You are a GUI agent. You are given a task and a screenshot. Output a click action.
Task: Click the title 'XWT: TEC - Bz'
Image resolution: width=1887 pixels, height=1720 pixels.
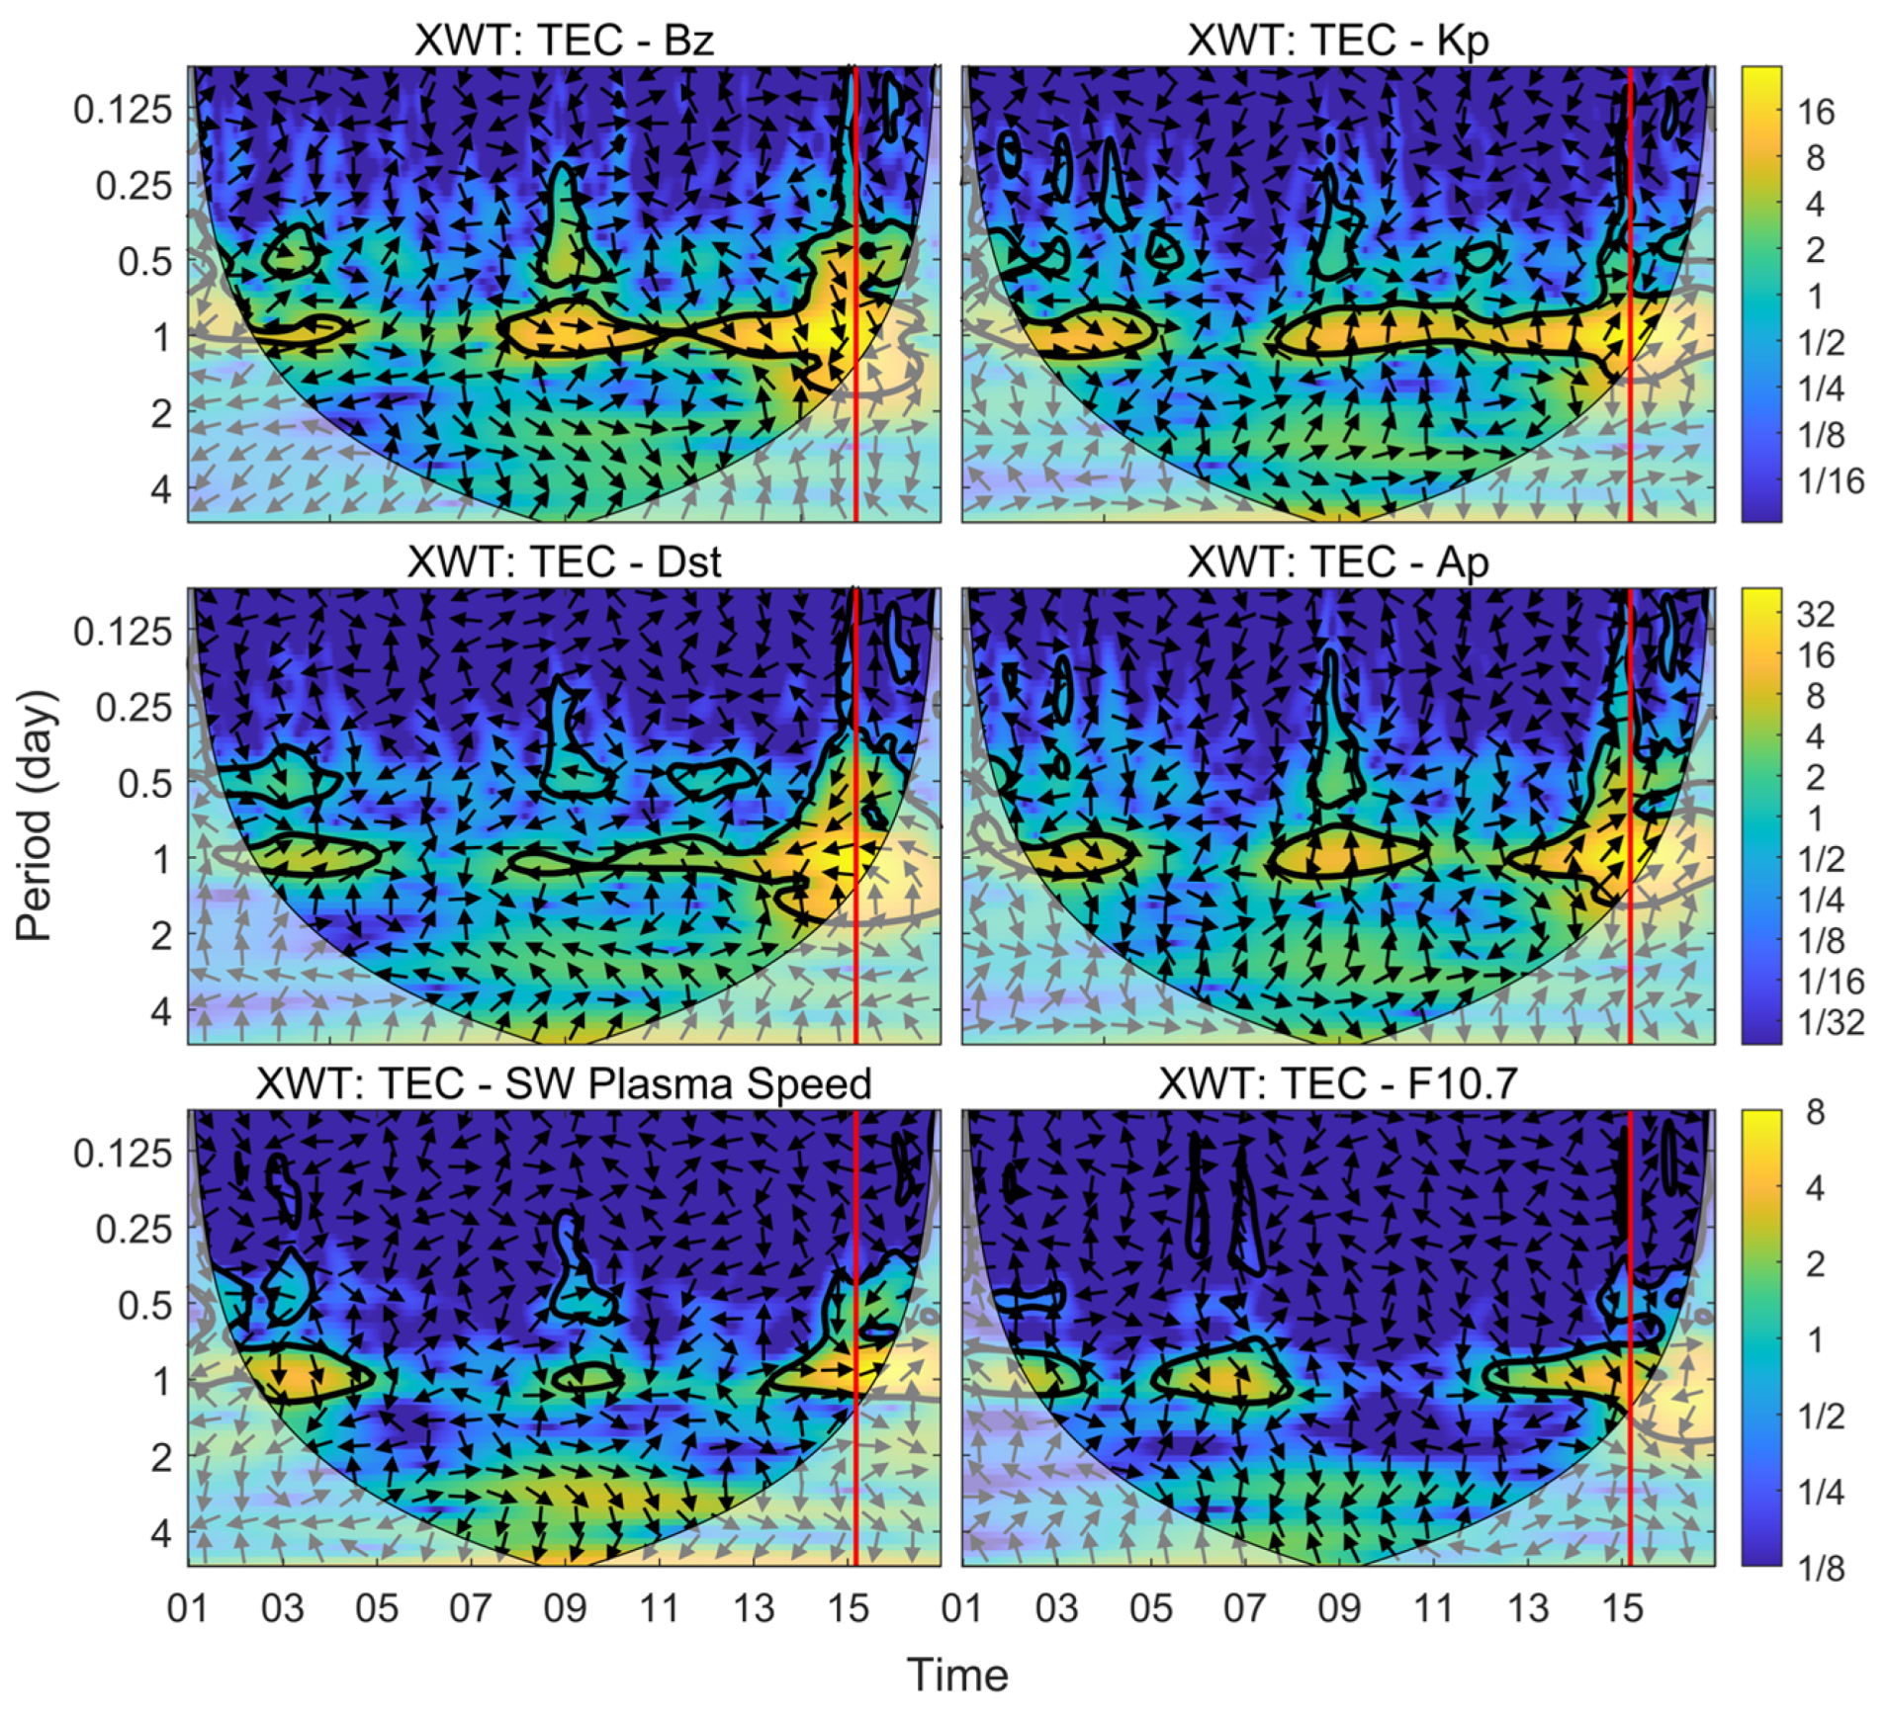(563, 41)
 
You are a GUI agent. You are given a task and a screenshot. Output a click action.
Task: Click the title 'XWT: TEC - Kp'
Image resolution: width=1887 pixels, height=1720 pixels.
(1337, 41)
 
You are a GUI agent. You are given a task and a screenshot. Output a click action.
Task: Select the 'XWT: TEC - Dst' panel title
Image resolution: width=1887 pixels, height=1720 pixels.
(563, 562)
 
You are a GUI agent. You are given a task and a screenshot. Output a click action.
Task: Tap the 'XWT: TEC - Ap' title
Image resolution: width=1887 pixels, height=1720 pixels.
(1337, 562)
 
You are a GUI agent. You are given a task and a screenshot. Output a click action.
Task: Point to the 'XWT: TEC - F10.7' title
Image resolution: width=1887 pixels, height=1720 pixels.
(1337, 1084)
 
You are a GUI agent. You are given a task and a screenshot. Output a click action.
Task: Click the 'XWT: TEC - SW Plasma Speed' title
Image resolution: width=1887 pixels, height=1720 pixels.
(563, 1084)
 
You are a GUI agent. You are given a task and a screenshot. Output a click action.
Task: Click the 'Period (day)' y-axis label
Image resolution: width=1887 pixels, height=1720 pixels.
(35, 815)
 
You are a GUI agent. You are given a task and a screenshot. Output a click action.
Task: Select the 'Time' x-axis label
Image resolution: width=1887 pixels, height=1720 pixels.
(956, 1675)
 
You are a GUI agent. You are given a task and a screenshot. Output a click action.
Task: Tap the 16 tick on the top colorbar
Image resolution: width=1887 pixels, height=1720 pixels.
(1815, 112)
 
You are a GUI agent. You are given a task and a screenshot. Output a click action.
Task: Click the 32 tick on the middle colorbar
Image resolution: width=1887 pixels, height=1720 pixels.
(1815, 614)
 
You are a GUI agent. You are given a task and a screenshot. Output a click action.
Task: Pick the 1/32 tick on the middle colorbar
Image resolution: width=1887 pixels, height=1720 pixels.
(1830, 1021)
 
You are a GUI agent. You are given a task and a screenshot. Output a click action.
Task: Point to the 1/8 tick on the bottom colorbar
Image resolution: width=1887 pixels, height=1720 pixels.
(1821, 1568)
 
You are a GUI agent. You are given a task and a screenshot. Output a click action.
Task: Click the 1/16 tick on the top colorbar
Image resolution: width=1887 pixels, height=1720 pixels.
(1830, 480)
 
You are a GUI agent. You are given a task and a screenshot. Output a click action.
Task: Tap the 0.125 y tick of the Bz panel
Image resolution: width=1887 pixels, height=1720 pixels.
(123, 109)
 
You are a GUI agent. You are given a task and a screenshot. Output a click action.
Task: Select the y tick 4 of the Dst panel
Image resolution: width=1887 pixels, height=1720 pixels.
(160, 1010)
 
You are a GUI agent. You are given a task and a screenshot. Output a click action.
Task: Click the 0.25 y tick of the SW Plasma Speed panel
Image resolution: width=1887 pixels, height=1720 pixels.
(134, 1229)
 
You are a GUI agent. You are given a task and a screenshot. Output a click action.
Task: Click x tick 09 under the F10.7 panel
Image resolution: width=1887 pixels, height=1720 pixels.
(1338, 1608)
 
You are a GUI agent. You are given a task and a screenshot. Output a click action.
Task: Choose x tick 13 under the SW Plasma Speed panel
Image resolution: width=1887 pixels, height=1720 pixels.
(753, 1608)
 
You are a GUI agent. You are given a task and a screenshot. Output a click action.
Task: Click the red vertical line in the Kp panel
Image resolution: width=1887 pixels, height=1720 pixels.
(1629, 297)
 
